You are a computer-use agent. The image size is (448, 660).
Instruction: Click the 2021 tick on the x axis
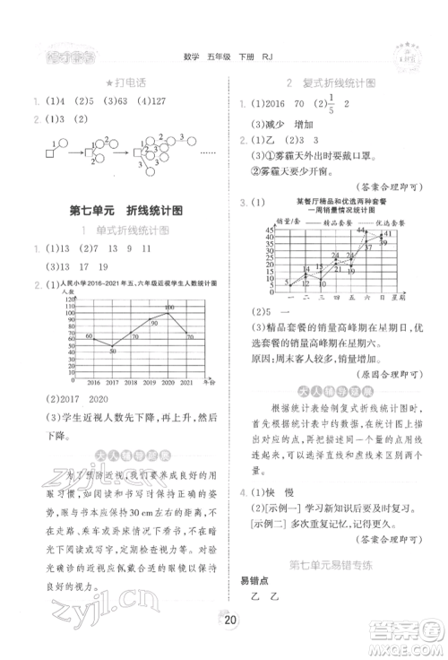click(x=186, y=380)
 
